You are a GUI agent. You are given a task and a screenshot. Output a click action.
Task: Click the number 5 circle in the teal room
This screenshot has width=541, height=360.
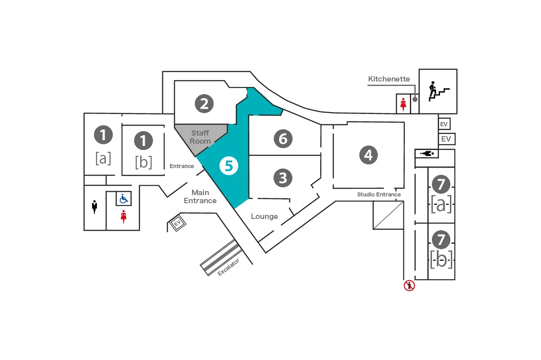tap(229, 166)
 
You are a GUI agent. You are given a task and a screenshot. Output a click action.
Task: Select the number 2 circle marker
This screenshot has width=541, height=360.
tap(204, 104)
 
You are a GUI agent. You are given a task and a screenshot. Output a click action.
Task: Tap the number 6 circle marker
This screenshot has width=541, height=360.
tap(283, 139)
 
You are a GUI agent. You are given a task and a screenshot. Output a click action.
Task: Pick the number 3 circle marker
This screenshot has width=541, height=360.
tap(283, 178)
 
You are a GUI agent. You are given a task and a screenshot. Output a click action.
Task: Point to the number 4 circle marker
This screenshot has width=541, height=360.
tap(368, 155)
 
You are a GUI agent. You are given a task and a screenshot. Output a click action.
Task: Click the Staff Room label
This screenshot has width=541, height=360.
tap(200, 137)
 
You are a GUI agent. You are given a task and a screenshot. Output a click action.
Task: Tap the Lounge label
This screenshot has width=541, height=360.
tap(264, 216)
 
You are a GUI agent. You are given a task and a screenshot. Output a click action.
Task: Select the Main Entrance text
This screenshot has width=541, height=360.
tap(200, 196)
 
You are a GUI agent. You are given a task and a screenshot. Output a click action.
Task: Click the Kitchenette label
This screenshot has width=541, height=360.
tap(389, 79)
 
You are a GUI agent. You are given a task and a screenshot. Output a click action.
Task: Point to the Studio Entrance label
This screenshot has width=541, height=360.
tap(379, 195)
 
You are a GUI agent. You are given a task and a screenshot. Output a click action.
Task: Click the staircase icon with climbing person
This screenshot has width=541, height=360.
tap(438, 91)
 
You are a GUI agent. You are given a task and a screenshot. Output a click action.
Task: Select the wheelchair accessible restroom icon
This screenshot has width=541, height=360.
tap(124, 198)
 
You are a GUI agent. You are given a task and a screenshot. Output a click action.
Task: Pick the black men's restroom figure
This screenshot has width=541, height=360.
tap(95, 207)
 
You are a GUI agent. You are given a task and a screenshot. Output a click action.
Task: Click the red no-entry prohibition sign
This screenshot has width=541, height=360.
tap(409, 285)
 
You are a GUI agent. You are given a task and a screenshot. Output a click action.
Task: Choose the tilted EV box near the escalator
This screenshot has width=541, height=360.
tap(177, 223)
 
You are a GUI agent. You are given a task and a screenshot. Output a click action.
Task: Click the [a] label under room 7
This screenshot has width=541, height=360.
tap(441, 205)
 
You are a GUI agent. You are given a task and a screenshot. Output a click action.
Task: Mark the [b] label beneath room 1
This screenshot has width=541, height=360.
tap(143, 162)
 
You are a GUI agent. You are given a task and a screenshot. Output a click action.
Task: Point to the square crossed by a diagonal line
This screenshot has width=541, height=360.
tap(388, 215)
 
